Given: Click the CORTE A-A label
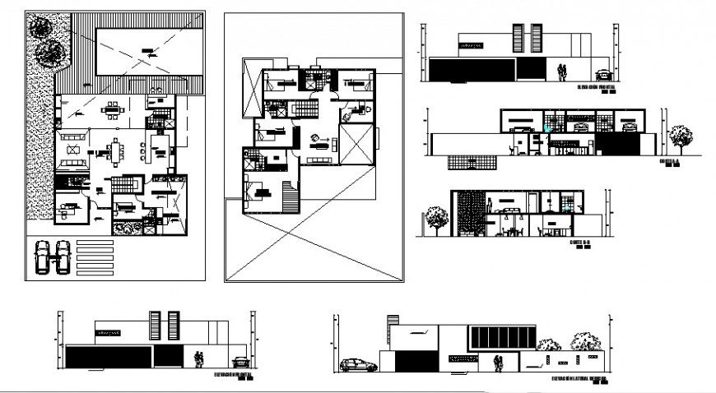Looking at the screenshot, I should [671, 162].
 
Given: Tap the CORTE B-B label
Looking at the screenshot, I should [580, 243].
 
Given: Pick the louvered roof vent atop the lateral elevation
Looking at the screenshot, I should [393, 322].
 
